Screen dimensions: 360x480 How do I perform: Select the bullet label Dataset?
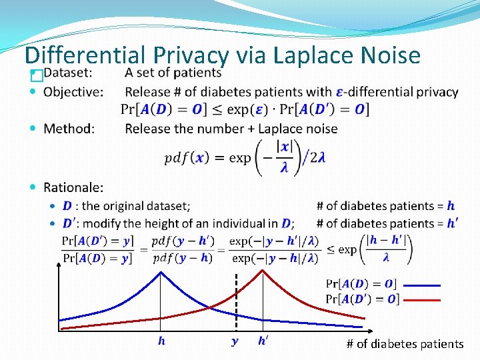coord(68,73)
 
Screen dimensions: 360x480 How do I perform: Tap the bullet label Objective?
coord(73,92)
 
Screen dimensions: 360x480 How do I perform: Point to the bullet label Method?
coord(69,128)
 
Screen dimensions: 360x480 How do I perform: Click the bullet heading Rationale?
coord(73,188)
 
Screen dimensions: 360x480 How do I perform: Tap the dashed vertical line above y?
coord(235,300)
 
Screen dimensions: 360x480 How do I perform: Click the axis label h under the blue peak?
coord(161,341)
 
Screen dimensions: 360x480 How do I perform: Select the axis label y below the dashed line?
coord(235,341)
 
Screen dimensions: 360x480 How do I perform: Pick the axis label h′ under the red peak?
coord(264,341)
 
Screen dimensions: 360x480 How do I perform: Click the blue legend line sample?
coord(421,285)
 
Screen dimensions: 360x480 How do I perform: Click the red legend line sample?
coord(421,300)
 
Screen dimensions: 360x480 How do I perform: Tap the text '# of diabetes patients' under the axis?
coord(405,344)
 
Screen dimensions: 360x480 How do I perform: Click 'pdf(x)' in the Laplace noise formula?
coord(186,158)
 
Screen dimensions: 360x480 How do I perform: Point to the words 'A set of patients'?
coord(173,73)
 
